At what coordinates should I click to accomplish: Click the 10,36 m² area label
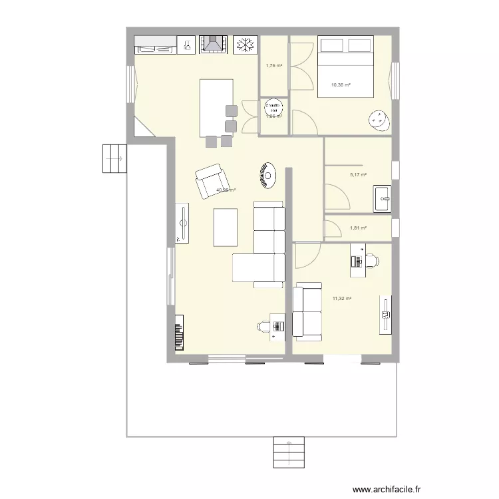[x=341, y=84]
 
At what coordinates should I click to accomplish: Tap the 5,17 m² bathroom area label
[x=359, y=175]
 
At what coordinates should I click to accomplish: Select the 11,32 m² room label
[x=341, y=299]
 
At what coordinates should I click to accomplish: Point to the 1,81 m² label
[x=359, y=228]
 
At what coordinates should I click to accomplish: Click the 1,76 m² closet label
[x=273, y=66]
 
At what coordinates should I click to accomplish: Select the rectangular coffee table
[x=224, y=227]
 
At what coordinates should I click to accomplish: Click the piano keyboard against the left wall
[x=179, y=332]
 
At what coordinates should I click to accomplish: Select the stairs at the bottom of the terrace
[x=288, y=453]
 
